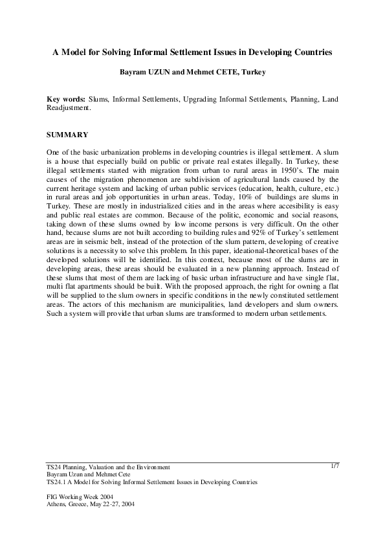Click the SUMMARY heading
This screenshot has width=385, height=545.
pos(67,135)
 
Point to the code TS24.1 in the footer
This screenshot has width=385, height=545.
pos(58,482)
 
